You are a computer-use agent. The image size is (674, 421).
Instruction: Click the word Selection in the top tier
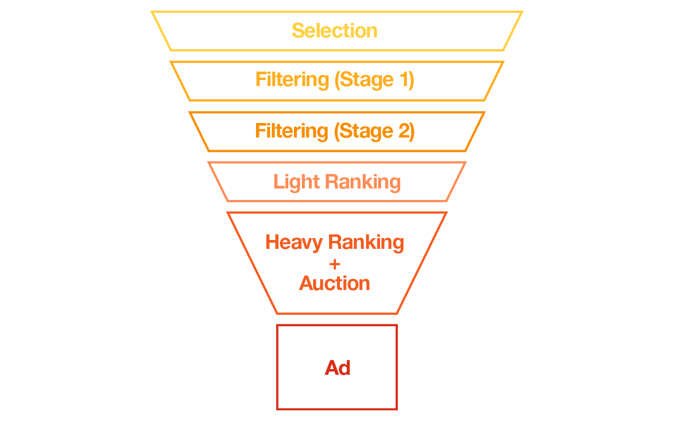pyautogui.click(x=334, y=31)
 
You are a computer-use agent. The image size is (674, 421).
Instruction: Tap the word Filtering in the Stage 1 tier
pyautogui.click(x=292, y=80)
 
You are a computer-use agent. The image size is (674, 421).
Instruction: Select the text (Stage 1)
pyautogui.click(x=374, y=80)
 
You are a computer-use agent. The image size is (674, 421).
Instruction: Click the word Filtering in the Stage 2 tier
pyautogui.click(x=292, y=131)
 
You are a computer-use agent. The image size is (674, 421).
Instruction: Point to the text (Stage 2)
pyautogui.click(x=374, y=131)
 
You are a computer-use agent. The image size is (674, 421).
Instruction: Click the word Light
pyautogui.click(x=296, y=182)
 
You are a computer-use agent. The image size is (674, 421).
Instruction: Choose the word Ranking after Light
pyautogui.click(x=363, y=182)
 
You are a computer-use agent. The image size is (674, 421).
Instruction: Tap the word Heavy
pyautogui.click(x=294, y=242)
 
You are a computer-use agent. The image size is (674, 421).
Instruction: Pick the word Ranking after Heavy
pyautogui.click(x=366, y=242)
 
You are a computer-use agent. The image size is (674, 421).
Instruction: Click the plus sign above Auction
pyautogui.click(x=335, y=264)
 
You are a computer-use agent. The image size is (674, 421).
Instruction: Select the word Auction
pyautogui.click(x=335, y=283)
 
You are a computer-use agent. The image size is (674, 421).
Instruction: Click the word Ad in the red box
pyautogui.click(x=337, y=368)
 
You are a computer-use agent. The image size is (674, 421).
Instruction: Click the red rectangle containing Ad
pyautogui.click(x=337, y=393)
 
